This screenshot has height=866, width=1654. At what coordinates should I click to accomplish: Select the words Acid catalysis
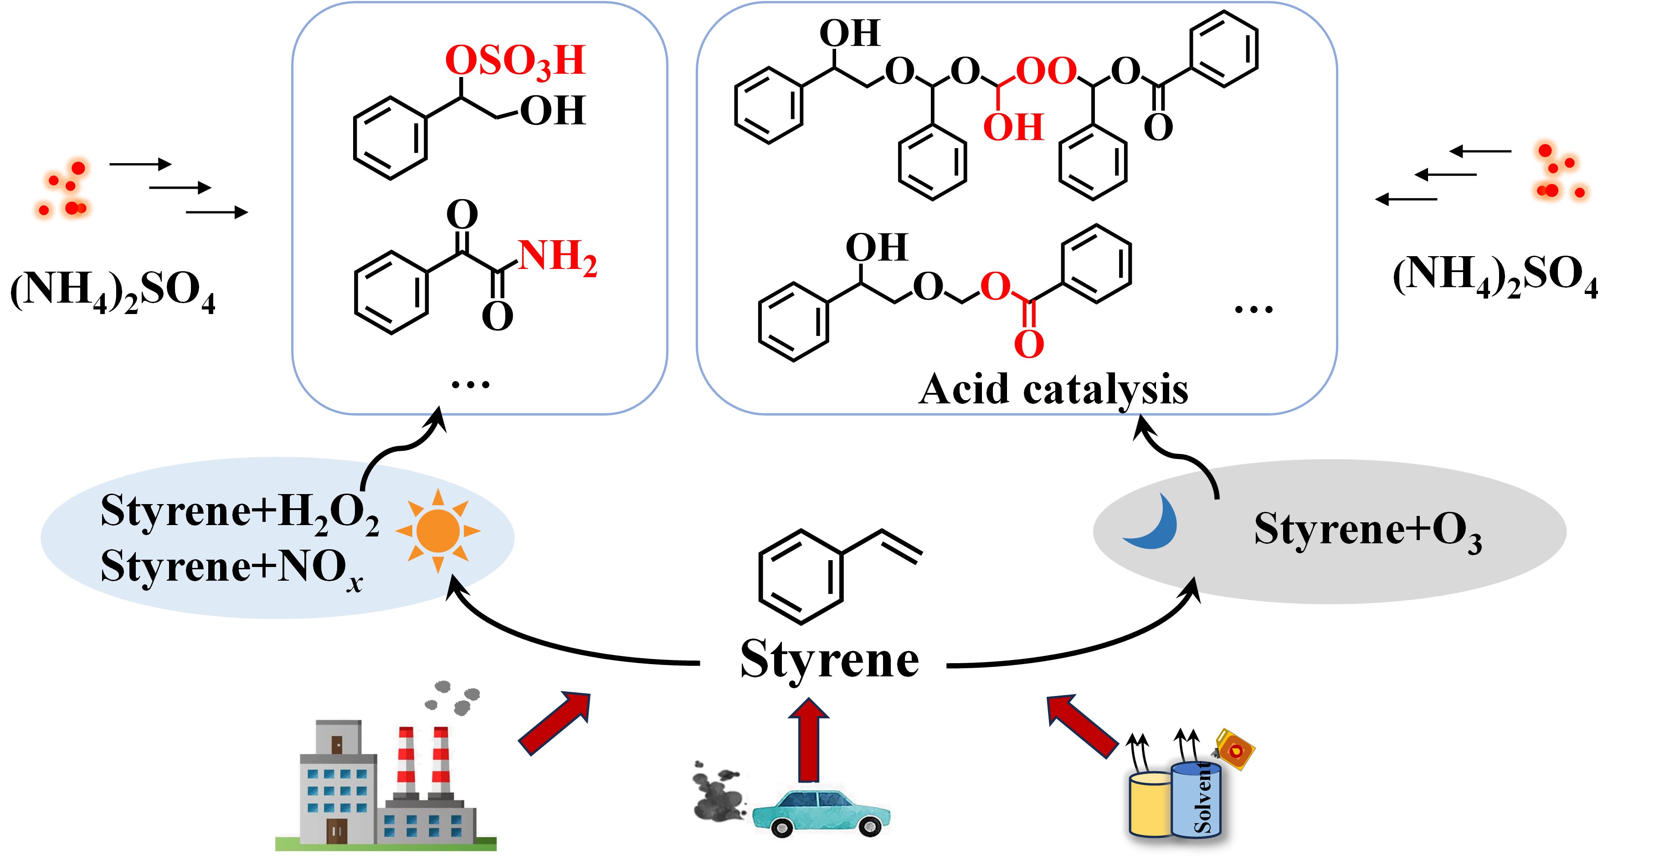[x=1053, y=389]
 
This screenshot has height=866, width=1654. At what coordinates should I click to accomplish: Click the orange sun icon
[x=438, y=531]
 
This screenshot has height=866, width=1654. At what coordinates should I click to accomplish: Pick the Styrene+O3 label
[x=1368, y=531]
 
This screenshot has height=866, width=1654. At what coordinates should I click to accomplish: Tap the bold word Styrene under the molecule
[x=830, y=660]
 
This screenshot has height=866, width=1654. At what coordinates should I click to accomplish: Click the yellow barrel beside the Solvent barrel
[x=1151, y=806]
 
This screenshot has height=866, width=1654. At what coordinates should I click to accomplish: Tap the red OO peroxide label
[x=1047, y=71]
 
